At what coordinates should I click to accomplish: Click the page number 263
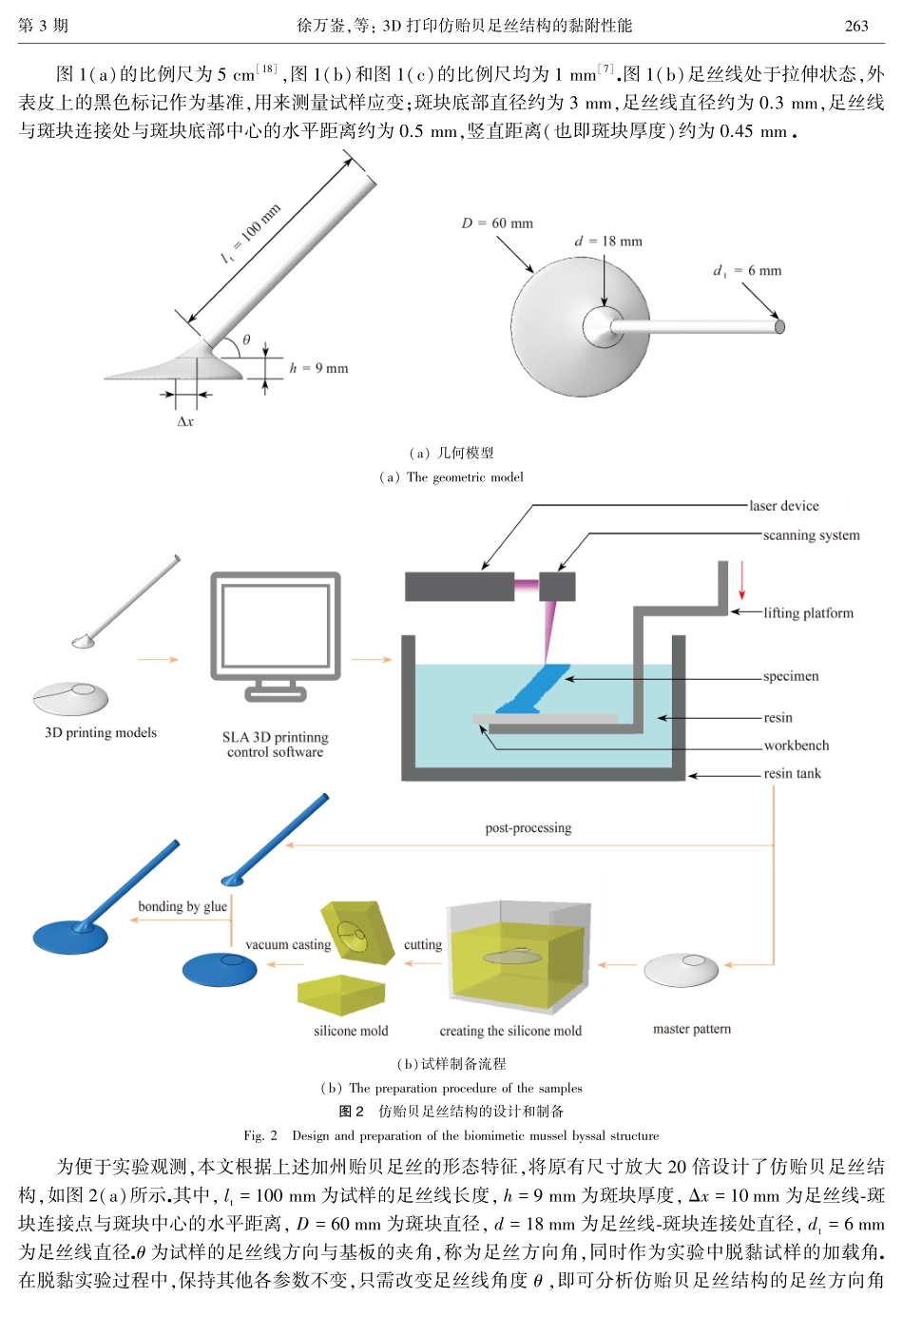(x=855, y=26)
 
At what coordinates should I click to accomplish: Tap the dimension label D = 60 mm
(x=497, y=223)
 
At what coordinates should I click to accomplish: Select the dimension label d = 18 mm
(x=608, y=242)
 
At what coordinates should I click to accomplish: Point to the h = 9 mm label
(x=318, y=368)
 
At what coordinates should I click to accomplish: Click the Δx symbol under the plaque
(x=185, y=421)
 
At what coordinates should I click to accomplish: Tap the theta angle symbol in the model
(x=246, y=339)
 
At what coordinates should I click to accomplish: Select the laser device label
(x=783, y=506)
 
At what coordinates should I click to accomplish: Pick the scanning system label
(x=811, y=535)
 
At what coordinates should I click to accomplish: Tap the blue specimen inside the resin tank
(x=532, y=690)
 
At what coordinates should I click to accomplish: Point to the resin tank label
(x=792, y=773)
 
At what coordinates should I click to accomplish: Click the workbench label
(x=796, y=745)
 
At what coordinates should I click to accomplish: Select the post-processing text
(x=528, y=828)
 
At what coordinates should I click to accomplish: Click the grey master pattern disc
(x=681, y=970)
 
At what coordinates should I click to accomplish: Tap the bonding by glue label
(x=183, y=906)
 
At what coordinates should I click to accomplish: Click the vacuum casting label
(x=288, y=944)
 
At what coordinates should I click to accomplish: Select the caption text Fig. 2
(x=260, y=1135)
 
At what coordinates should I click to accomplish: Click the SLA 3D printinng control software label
(x=276, y=745)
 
